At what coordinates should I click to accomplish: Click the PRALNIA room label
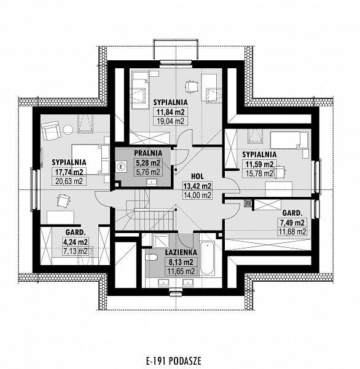click(148, 153)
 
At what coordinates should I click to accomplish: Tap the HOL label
click(197, 177)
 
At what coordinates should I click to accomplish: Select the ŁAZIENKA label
click(181, 253)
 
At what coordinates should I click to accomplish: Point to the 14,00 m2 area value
click(197, 195)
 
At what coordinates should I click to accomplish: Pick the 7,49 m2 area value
click(292, 223)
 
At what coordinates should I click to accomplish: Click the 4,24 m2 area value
click(75, 242)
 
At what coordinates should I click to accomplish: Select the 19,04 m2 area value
click(170, 121)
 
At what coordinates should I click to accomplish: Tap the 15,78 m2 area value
click(259, 173)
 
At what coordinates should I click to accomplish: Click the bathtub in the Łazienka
click(208, 258)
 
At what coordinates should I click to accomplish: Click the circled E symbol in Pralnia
click(122, 167)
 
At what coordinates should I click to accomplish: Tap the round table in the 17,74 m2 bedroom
click(68, 130)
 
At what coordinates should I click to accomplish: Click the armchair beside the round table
click(51, 131)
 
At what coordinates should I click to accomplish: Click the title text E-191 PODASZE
click(173, 360)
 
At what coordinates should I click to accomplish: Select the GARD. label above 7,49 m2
click(292, 213)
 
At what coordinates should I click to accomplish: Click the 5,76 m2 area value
click(148, 172)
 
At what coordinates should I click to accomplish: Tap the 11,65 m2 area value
click(181, 271)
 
